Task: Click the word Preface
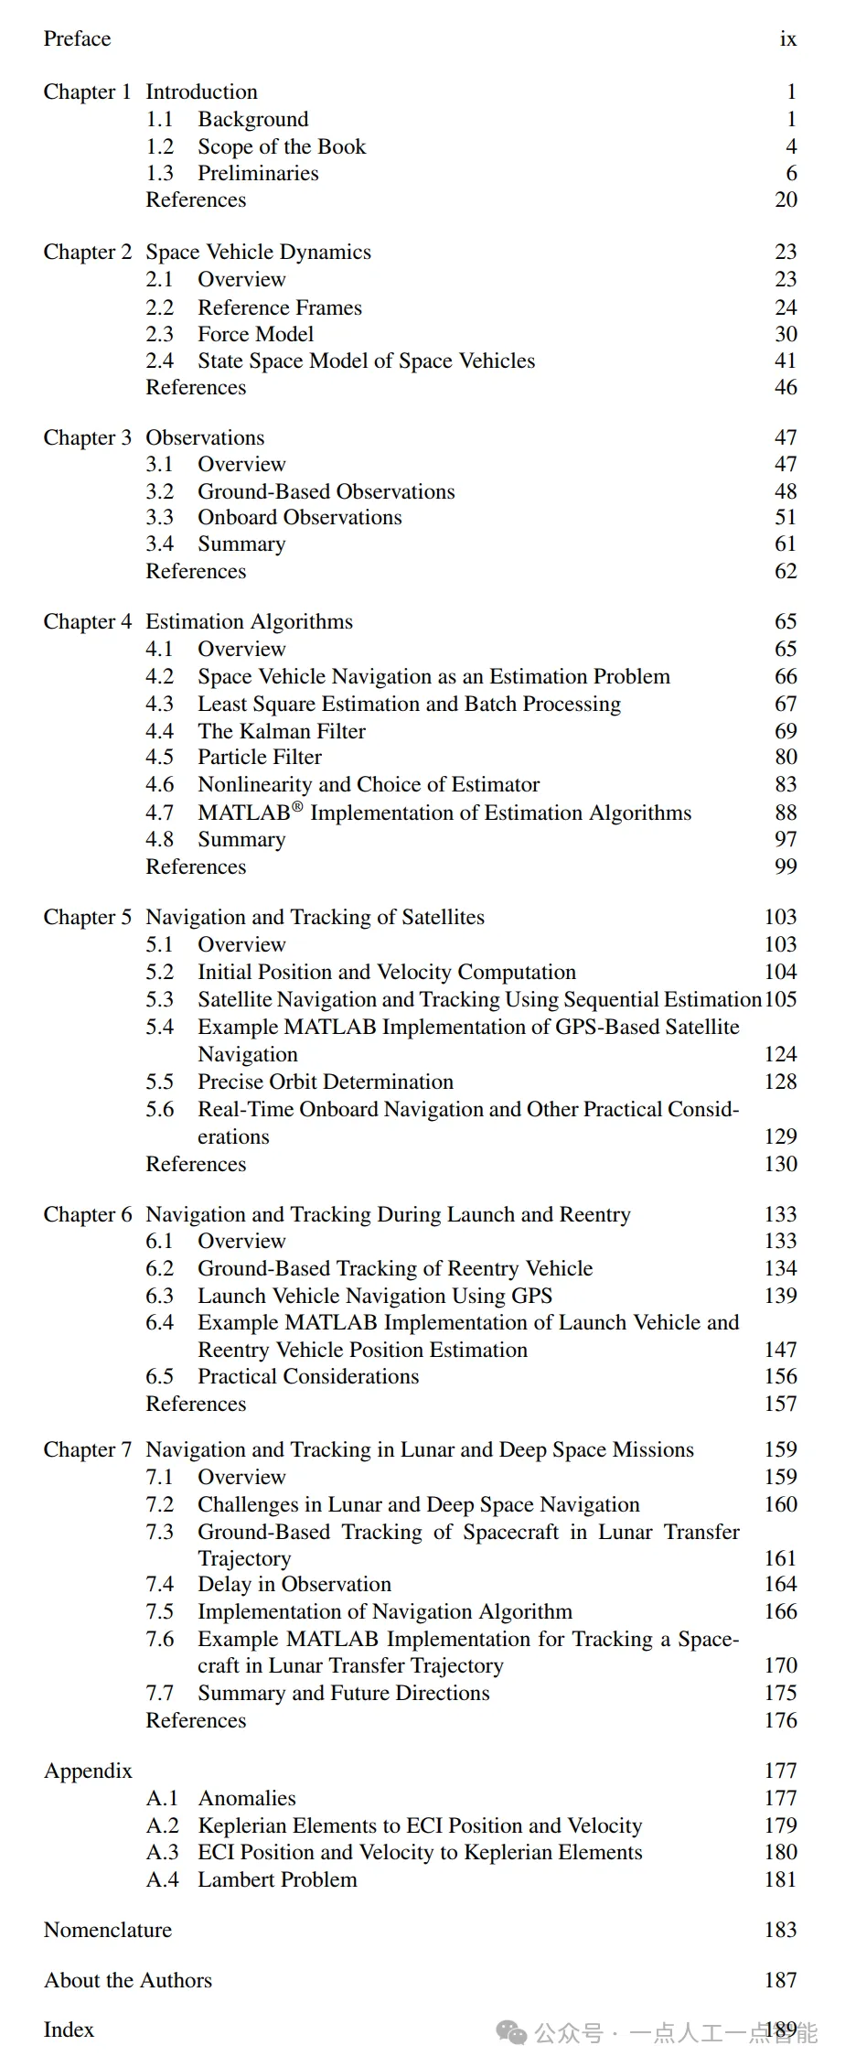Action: pyautogui.click(x=77, y=38)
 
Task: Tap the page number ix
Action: pyautogui.click(x=787, y=38)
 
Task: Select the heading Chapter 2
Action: pyautogui.click(x=87, y=252)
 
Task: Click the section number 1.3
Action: pyautogui.click(x=159, y=173)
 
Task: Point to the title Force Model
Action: pyautogui.click(x=255, y=334)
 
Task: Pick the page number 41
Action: pyautogui.click(x=785, y=361)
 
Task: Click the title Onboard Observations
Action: pyautogui.click(x=299, y=517)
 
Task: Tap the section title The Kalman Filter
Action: pyautogui.click(x=281, y=731)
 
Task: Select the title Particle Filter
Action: pyautogui.click(x=259, y=757)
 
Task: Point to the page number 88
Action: pyautogui.click(x=785, y=813)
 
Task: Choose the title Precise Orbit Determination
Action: pyautogui.click(x=325, y=1082)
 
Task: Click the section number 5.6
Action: pyautogui.click(x=159, y=1109)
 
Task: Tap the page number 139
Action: pyautogui.click(x=780, y=1296)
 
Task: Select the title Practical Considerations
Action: pyautogui.click(x=308, y=1376)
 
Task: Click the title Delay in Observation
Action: pyautogui.click(x=294, y=1584)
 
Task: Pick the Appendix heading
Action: pyautogui.click(x=88, y=1771)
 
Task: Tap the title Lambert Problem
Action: pyautogui.click(x=277, y=1879)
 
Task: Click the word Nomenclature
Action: pyautogui.click(x=107, y=1930)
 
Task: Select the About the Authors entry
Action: pyautogui.click(x=127, y=1980)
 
